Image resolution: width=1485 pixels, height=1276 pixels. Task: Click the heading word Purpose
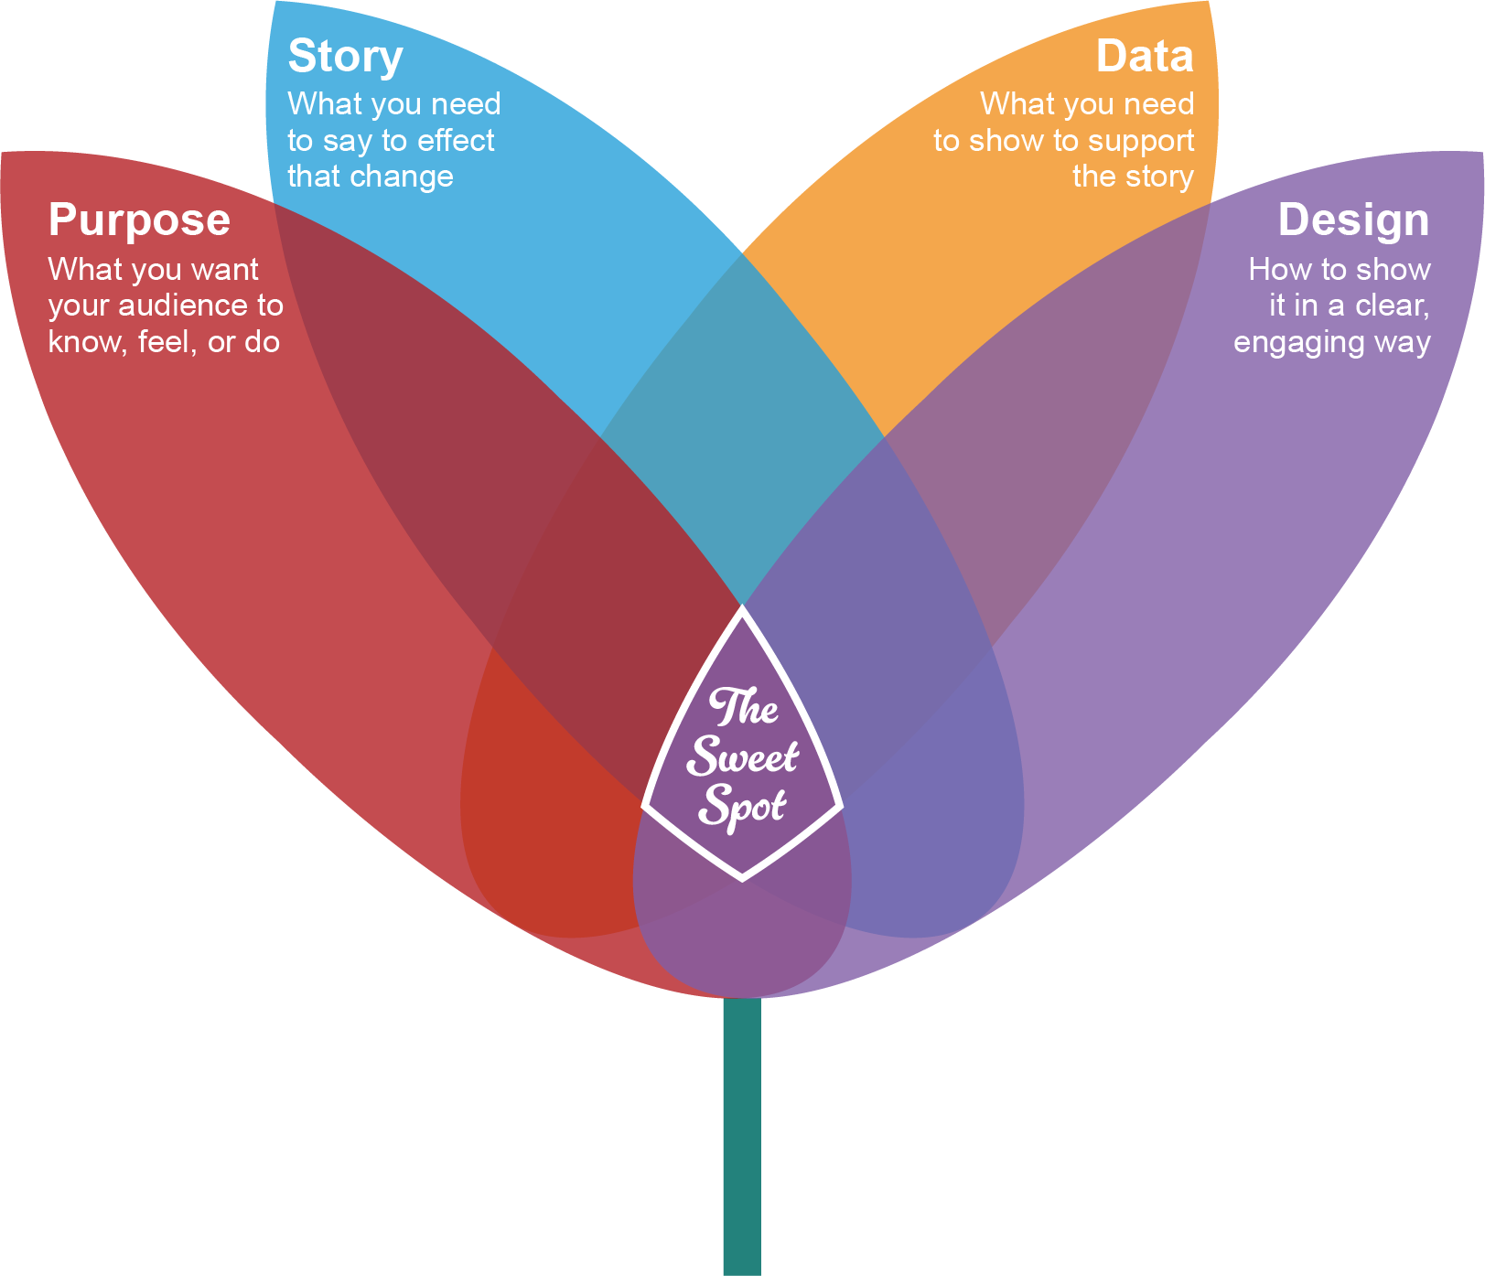tap(139, 221)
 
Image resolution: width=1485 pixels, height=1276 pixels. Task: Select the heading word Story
tap(345, 57)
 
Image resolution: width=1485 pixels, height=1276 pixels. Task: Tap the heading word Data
tap(1145, 57)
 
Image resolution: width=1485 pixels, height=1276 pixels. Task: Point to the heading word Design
tap(1352, 221)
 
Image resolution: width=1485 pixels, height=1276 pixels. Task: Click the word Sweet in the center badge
tap(743, 756)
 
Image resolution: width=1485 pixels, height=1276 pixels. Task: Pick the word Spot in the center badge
tap(741, 805)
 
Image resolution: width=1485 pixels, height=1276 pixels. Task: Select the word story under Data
tap(1163, 177)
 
